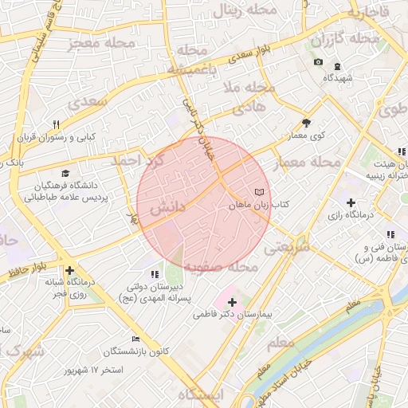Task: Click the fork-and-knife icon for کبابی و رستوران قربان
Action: point(56,124)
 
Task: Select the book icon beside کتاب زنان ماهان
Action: point(257,192)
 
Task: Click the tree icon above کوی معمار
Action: point(307,123)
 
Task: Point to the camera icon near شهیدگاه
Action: point(319,62)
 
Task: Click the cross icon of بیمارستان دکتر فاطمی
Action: point(232,302)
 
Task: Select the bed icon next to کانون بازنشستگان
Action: point(135,339)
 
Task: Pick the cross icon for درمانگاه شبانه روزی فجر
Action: point(70,271)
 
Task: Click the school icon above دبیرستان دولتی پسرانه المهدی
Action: point(154,274)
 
